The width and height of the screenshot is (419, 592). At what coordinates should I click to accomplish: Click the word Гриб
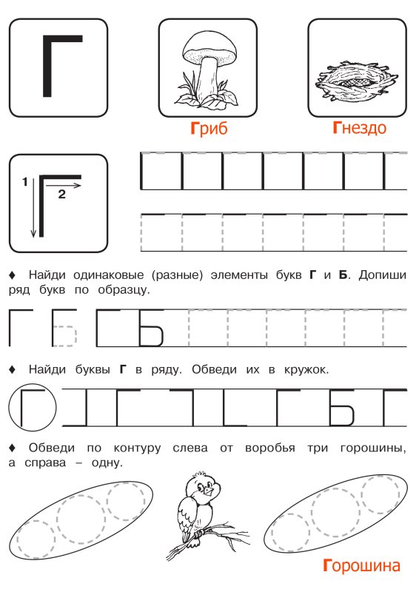coord(208,129)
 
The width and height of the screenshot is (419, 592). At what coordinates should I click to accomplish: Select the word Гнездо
coord(359,129)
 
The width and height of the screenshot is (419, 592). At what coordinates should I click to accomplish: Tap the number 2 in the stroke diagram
coord(61,194)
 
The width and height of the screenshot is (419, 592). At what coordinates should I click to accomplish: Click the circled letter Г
coord(31,408)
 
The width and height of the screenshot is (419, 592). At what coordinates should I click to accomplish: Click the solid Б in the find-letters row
coord(341,408)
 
